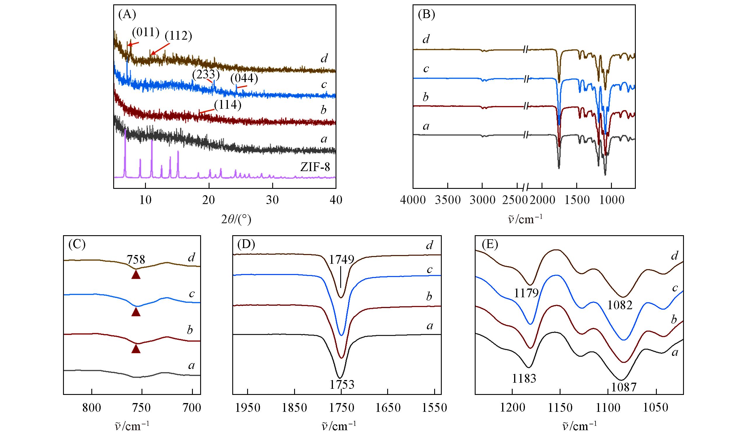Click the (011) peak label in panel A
pyautogui.click(x=146, y=33)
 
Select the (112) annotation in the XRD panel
pyautogui.click(x=178, y=36)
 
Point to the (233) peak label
pyautogui.click(x=206, y=75)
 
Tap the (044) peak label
pyautogui.click(x=245, y=79)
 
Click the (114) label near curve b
pyautogui.click(x=227, y=106)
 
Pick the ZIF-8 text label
pyautogui.click(x=315, y=167)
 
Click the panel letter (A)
pyautogui.click(x=127, y=14)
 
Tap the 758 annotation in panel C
pyautogui.click(x=136, y=260)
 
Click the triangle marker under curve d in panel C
pyautogui.click(x=136, y=275)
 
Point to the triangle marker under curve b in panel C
pyautogui.click(x=136, y=349)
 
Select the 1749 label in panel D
pyautogui.click(x=341, y=260)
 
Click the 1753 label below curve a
pyautogui.click(x=341, y=385)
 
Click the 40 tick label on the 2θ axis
pyautogui.click(x=335, y=200)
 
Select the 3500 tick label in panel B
pyautogui.click(x=447, y=200)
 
